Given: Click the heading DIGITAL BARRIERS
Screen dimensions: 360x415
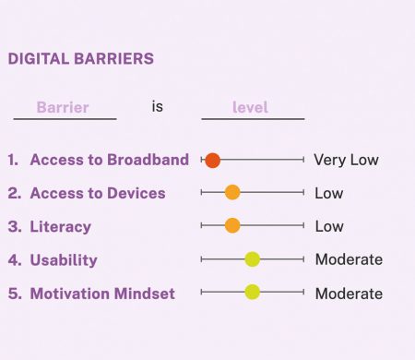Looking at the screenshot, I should [x=80, y=59].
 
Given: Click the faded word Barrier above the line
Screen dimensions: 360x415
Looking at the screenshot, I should [x=63, y=107].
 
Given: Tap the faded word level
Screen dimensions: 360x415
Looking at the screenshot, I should [x=250, y=107].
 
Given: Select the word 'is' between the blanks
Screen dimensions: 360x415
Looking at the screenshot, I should [x=158, y=106].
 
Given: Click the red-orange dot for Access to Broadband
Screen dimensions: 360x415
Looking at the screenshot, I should [x=212, y=160].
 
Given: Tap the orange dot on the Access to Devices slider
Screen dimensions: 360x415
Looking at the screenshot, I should [x=232, y=193].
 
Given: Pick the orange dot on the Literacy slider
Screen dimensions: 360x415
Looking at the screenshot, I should [x=232, y=226].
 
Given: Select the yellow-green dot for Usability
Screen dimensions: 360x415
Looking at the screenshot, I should [x=252, y=259].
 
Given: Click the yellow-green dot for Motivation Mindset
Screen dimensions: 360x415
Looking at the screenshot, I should [x=252, y=293].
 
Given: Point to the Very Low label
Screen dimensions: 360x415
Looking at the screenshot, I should [x=346, y=160].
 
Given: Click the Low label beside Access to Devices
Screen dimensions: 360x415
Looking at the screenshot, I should [x=329, y=193].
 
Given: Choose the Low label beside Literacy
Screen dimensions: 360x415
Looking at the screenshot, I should [x=329, y=226].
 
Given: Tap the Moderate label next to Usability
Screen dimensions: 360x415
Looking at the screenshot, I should [x=349, y=259].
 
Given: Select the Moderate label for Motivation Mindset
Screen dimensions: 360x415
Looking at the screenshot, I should [x=349, y=294].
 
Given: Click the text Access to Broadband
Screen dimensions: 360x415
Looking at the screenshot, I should [x=109, y=160].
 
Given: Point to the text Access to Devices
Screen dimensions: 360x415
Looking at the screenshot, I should [x=98, y=193].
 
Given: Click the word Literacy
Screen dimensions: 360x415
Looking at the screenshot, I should [x=60, y=226].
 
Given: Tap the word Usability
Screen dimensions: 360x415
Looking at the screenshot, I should [x=64, y=259].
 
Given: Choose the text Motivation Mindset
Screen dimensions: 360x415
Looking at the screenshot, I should [x=102, y=294].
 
